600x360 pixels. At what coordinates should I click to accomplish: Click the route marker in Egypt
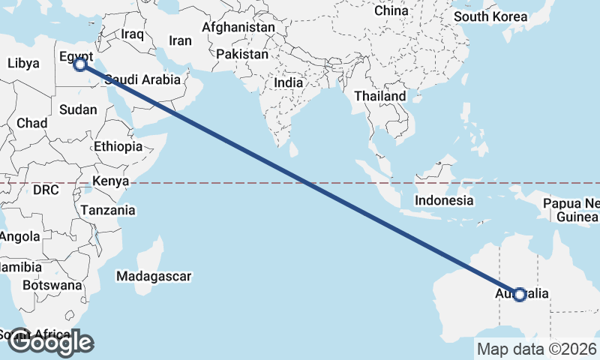click(x=80, y=65)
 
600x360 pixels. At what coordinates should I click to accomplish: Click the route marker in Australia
click(x=519, y=295)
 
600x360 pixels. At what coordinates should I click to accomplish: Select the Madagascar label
click(x=154, y=277)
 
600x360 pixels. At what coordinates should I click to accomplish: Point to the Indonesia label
click(x=444, y=200)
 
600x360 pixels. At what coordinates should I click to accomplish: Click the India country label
click(x=288, y=83)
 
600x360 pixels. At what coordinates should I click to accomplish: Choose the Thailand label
click(x=380, y=96)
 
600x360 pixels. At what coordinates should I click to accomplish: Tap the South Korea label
click(x=493, y=16)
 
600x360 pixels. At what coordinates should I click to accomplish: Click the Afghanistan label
click(x=238, y=27)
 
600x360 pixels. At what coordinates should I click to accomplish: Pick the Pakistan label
click(x=242, y=55)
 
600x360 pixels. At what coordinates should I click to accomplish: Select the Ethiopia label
click(x=118, y=146)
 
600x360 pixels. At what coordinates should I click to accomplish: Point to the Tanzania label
click(x=109, y=210)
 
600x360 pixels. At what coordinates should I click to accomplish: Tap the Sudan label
click(x=78, y=109)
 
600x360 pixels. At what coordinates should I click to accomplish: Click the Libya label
click(x=22, y=64)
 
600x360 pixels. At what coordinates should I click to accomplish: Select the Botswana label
click(x=51, y=285)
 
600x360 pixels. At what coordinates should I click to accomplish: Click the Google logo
click(x=49, y=342)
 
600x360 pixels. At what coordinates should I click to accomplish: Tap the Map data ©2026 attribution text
click(x=537, y=349)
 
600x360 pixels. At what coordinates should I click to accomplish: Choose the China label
click(x=391, y=10)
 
